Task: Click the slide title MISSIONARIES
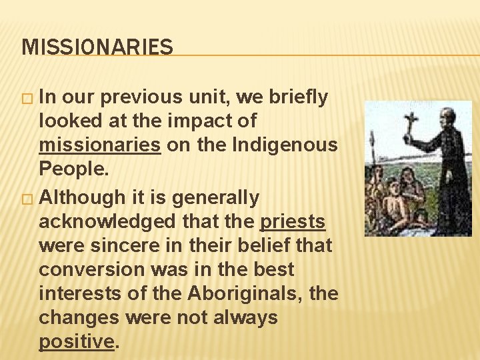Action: point(97,47)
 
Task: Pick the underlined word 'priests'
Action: point(293,221)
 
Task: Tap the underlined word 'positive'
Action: point(77,342)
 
